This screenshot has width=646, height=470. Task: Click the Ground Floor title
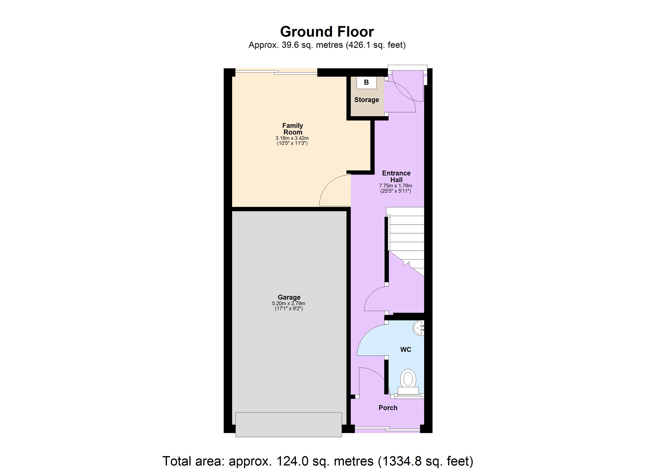[327, 32]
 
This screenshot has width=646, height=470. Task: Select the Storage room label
[367, 100]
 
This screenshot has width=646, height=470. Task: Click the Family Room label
[292, 129]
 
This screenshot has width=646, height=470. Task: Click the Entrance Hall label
[396, 176]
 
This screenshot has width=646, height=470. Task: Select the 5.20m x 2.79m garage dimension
[289, 304]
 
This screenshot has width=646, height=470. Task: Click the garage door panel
[289, 424]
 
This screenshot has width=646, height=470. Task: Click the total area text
[318, 461]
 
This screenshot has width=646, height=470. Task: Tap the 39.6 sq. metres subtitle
[327, 45]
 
